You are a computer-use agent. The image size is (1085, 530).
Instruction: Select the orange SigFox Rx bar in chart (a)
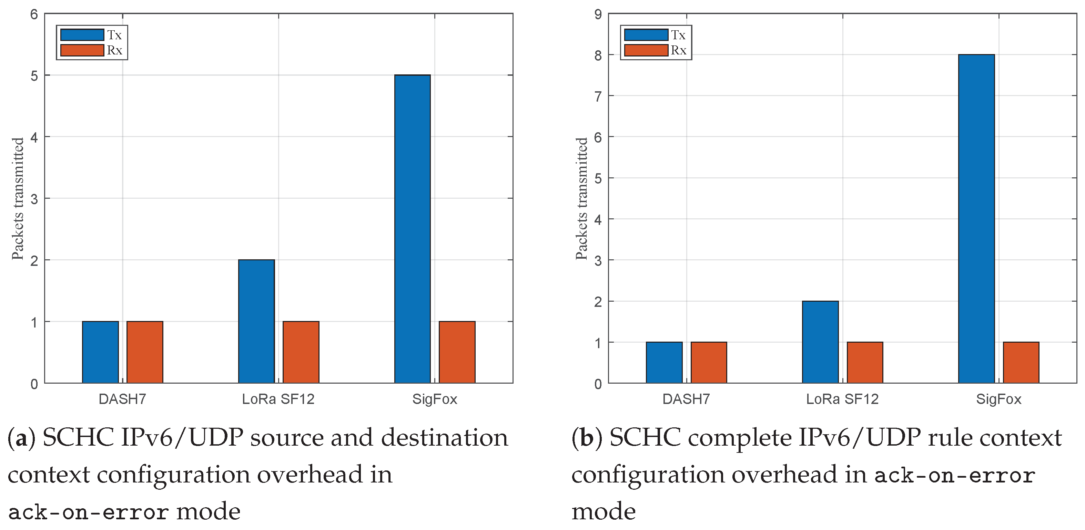point(457,352)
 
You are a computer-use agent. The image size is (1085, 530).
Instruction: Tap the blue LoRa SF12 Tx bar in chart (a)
point(256,321)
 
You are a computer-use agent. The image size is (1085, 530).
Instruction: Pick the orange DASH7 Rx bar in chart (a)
point(144,352)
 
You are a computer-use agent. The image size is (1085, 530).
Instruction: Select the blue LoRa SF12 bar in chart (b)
point(820,342)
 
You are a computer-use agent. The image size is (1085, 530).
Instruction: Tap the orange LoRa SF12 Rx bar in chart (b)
point(865,362)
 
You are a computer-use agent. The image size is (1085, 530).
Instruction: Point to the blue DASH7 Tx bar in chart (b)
point(664,362)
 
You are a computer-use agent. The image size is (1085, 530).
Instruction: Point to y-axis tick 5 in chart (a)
point(34,76)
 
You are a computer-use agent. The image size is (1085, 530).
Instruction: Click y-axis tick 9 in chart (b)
point(598,14)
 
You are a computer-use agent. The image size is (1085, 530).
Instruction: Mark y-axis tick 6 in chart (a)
point(34,14)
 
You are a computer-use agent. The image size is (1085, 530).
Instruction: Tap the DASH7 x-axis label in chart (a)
point(122,399)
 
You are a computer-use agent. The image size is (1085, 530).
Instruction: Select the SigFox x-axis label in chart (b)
point(998,399)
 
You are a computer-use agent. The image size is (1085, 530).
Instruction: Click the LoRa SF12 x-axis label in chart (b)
point(842,399)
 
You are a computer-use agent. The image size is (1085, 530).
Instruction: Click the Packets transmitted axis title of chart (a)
point(18,198)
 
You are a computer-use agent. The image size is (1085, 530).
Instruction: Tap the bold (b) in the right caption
point(587,438)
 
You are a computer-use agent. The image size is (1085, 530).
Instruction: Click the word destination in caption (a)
point(444,438)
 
